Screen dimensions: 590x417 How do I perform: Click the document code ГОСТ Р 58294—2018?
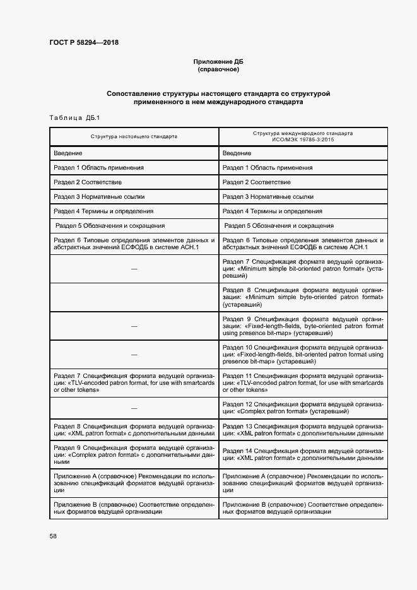click(x=84, y=43)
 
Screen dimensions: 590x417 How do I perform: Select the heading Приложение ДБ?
click(x=218, y=61)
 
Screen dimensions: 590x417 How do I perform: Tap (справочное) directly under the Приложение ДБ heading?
click(x=218, y=69)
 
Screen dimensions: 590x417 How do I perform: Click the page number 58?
click(x=53, y=536)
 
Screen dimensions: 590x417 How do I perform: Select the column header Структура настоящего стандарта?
click(x=134, y=136)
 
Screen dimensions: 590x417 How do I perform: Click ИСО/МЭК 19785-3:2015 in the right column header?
click(x=303, y=139)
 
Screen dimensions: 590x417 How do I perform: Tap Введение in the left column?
click(x=68, y=153)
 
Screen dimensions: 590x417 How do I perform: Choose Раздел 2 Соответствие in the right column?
click(x=257, y=182)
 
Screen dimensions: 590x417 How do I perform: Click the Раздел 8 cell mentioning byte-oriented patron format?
click(x=303, y=297)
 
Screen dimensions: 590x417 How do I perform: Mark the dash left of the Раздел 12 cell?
click(x=134, y=408)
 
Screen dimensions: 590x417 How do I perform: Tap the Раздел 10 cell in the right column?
click(x=303, y=355)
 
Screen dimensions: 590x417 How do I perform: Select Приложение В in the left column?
click(x=134, y=509)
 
